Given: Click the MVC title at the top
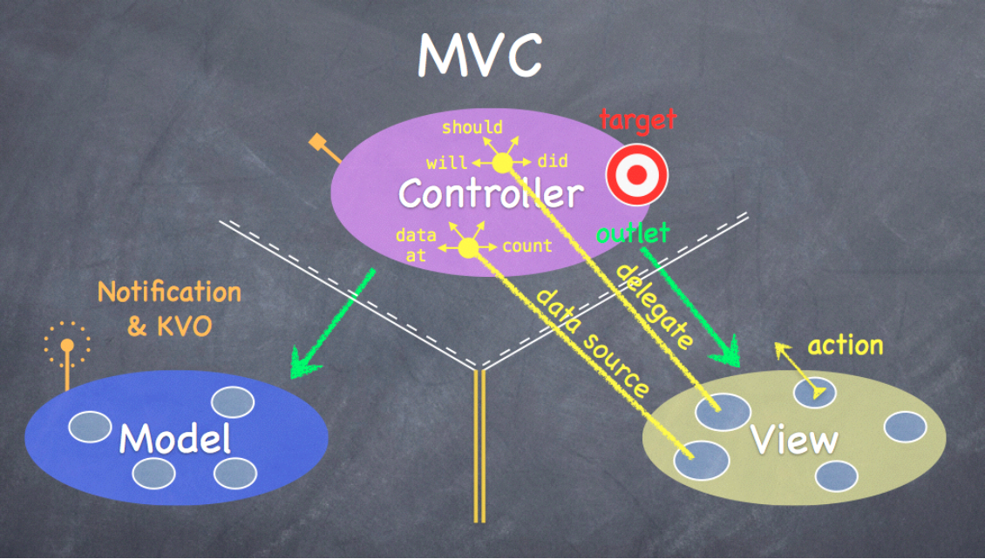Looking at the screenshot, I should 479,55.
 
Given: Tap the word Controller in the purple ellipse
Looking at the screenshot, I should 490,193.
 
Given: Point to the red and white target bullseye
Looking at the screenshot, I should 636,174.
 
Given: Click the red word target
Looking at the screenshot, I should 638,120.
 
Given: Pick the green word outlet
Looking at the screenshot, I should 633,232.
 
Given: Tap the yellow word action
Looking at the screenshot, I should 845,346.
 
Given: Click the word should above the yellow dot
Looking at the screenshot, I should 472,128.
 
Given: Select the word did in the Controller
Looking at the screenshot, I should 553,161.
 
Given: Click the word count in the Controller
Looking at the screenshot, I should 526,246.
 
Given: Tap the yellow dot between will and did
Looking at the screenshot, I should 502,163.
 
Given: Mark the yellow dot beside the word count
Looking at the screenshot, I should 468,248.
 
